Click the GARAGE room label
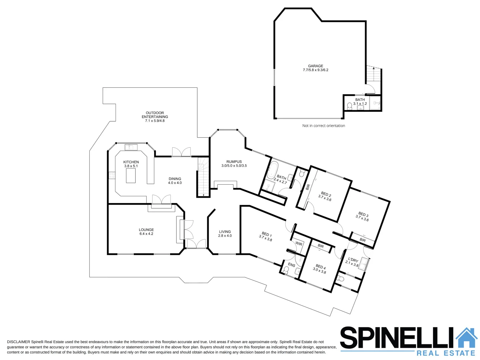[x=315, y=66]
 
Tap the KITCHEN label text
[x=131, y=162]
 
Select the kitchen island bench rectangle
[x=131, y=176]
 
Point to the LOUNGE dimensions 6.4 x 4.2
[x=146, y=234]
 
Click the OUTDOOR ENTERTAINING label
[x=155, y=115]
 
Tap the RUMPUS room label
[x=234, y=162]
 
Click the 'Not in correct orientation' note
[x=323, y=126]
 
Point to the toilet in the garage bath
[x=349, y=106]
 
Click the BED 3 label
[x=363, y=214]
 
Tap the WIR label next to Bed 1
[x=299, y=244]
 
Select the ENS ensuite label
[x=291, y=265]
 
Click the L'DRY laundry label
[x=353, y=260]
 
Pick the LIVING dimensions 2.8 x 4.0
[x=225, y=236]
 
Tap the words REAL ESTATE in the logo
[x=445, y=353]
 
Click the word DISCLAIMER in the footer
[x=18, y=342]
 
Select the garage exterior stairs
[x=373, y=74]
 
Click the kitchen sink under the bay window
[x=131, y=147]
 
